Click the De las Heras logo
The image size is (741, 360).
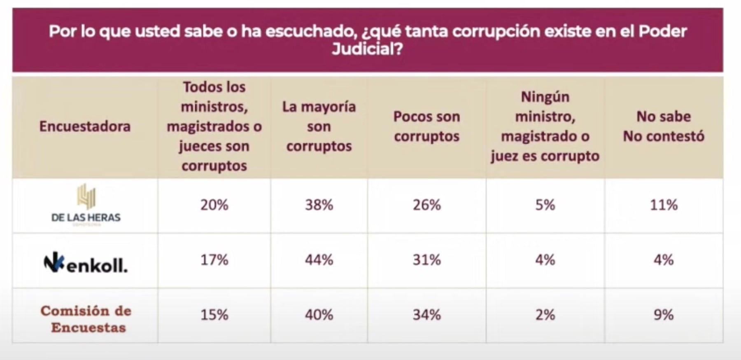pyautogui.click(x=86, y=205)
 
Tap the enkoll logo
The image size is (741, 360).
pyautogui.click(x=86, y=264)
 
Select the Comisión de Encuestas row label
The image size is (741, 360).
pyautogui.click(x=86, y=319)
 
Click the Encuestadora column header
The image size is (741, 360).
pyautogui.click(x=85, y=126)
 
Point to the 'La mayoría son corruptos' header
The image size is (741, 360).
pyautogui.click(x=319, y=126)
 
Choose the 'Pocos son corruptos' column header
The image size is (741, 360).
pyautogui.click(x=426, y=126)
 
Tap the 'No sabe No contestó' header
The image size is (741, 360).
pyautogui.click(x=664, y=126)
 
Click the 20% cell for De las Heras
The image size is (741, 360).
pyautogui.click(x=214, y=205)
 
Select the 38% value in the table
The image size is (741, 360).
pyautogui.click(x=319, y=205)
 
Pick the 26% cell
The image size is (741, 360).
pyautogui.click(x=426, y=205)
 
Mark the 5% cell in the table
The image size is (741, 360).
pyautogui.click(x=545, y=205)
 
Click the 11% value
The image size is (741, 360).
pyautogui.click(x=664, y=205)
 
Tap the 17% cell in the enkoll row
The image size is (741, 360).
pyautogui.click(x=214, y=260)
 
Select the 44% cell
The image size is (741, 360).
pyautogui.click(x=319, y=260)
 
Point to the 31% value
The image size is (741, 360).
pyautogui.click(x=426, y=260)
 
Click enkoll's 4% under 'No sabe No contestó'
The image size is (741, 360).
pyautogui.click(x=664, y=260)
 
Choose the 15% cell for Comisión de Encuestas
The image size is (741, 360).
pyautogui.click(x=214, y=315)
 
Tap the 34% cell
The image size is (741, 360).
pyautogui.click(x=426, y=315)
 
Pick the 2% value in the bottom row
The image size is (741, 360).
pyautogui.click(x=545, y=315)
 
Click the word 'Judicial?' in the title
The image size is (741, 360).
pyautogui.click(x=367, y=49)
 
